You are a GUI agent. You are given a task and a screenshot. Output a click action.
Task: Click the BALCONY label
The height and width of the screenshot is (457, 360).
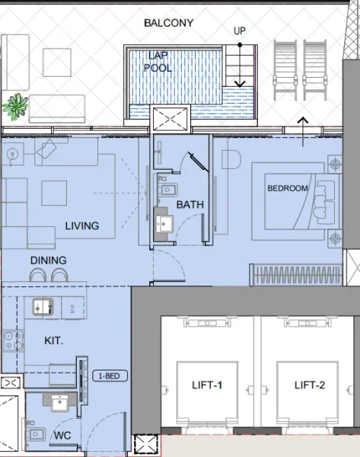pos(168,24)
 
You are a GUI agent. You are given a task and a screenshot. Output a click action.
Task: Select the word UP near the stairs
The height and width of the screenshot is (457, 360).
pos(240,31)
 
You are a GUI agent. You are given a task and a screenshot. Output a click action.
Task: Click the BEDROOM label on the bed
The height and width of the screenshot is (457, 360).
pos(288,188)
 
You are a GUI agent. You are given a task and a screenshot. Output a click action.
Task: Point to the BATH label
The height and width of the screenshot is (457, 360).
pos(190,205)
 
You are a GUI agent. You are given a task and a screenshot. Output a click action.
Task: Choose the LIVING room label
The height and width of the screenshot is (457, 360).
pos(82,226)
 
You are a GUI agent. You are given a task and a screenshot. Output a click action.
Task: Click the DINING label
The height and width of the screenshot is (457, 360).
pos(48,260)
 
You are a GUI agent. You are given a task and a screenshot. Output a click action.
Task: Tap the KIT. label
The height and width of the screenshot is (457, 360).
pos(53,341)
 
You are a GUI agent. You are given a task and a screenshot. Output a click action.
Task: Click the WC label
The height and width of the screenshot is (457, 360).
pos(62,436)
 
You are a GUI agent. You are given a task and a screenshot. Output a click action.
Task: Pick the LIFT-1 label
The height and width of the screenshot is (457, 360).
pos(207,386)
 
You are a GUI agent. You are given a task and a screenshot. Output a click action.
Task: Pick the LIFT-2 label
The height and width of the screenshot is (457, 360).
pos(310,386)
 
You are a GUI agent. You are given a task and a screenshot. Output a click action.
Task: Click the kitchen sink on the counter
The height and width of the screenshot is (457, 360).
pos(42,307)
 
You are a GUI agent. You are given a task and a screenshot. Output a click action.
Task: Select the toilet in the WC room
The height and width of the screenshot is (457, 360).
pos(35,436)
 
